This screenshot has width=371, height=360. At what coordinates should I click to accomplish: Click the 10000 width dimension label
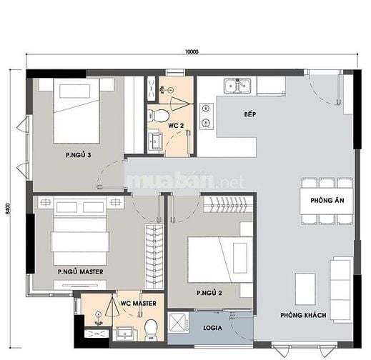coord(192,51)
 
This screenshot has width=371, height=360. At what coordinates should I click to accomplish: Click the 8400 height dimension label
coord(8,209)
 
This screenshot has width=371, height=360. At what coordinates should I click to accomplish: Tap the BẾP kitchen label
coord(250,114)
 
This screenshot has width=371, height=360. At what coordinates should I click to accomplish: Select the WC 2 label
coord(176,126)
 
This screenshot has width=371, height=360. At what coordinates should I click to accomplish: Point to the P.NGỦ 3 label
coord(79,155)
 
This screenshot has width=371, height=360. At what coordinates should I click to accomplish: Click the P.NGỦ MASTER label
coord(81,271)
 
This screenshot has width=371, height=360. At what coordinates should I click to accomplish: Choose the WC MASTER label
coord(139,304)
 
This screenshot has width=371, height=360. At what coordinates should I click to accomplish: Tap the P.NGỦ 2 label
coord(209,293)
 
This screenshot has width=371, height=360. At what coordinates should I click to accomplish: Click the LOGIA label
coord(212,328)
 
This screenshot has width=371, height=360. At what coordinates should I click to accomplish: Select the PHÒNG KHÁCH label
coord(303,315)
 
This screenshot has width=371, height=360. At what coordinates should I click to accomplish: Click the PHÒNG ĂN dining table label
coord(327,200)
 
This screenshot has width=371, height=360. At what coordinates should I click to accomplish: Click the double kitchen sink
coord(237,86)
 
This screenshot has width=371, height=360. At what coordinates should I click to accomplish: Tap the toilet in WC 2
coord(159,116)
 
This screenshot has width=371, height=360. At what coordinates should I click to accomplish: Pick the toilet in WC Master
coord(151,329)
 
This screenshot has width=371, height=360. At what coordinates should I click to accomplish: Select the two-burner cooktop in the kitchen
coord(207,116)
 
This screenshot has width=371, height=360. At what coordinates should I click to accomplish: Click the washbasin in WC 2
coord(155,141)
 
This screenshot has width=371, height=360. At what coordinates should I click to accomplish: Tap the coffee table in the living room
coord(305,289)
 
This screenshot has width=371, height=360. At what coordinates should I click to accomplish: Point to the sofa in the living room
coord(341,290)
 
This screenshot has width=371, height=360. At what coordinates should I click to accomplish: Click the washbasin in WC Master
coord(125,334)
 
